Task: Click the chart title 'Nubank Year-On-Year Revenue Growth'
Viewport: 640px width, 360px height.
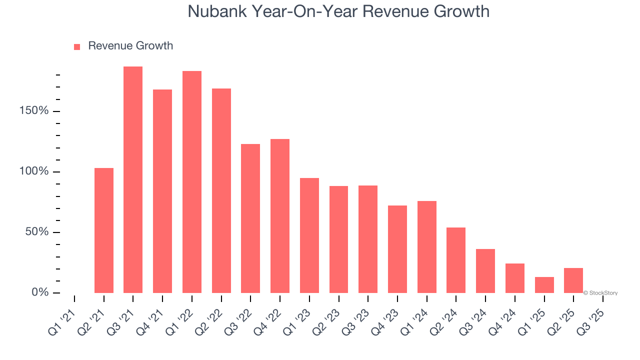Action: tap(338, 11)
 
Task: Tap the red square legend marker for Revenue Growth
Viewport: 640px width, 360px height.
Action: tap(77, 46)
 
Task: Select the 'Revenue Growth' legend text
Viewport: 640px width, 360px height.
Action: tap(130, 46)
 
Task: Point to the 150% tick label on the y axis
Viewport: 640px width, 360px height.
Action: tap(34, 110)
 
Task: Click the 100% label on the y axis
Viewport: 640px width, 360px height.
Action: tap(34, 171)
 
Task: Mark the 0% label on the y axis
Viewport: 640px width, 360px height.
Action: tap(40, 292)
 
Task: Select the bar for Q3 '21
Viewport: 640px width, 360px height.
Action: tap(133, 180)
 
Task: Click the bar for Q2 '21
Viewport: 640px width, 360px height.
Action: tap(104, 230)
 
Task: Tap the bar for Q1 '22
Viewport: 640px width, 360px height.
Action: tap(192, 182)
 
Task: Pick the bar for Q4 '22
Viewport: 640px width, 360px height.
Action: tap(280, 216)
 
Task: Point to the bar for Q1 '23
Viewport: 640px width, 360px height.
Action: tap(309, 235)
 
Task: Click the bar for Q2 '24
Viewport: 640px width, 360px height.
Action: tap(456, 260)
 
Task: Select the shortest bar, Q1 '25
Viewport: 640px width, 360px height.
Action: tap(544, 285)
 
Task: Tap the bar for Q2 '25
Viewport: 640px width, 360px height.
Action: tap(573, 280)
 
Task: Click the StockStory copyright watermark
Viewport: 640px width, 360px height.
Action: tap(600, 293)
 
